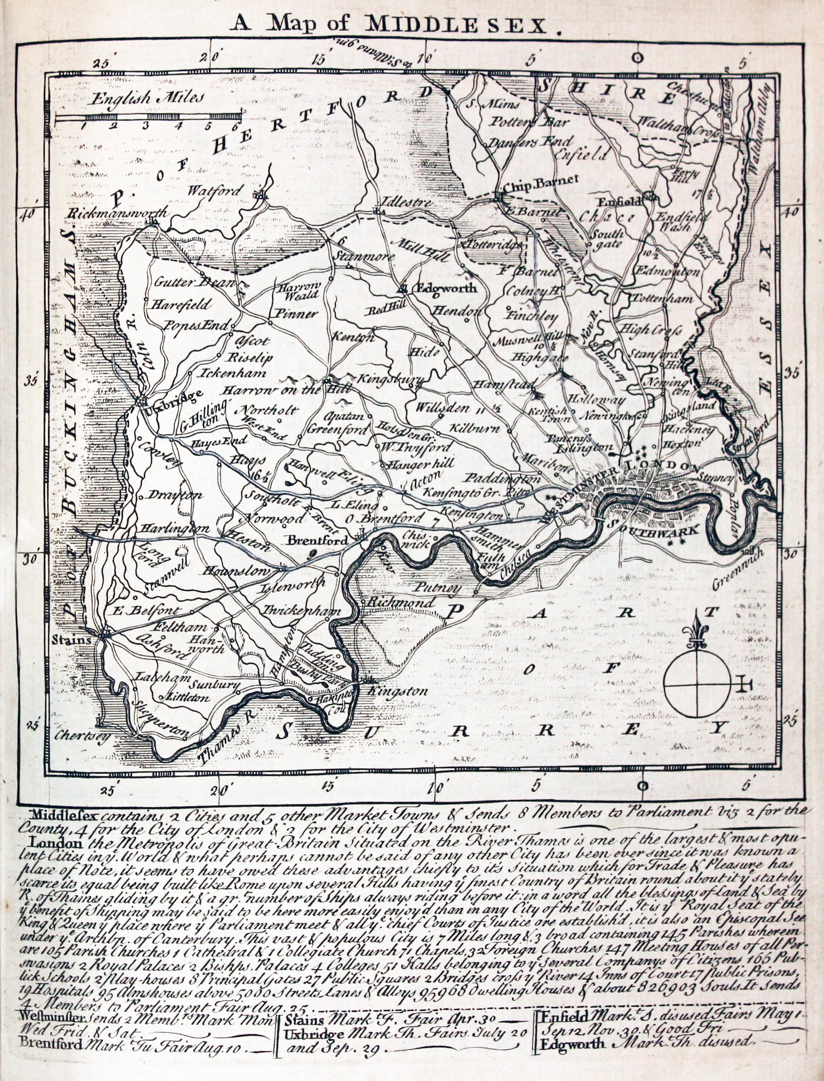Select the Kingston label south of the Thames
(x=400, y=691)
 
